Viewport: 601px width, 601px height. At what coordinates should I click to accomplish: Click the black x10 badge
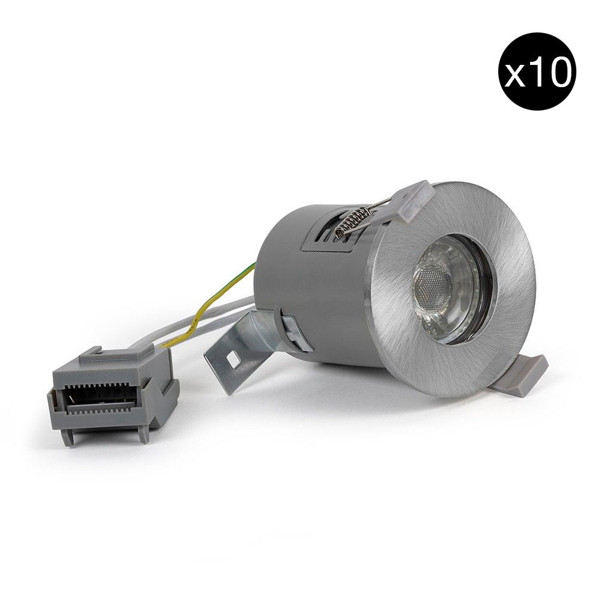(537, 72)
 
